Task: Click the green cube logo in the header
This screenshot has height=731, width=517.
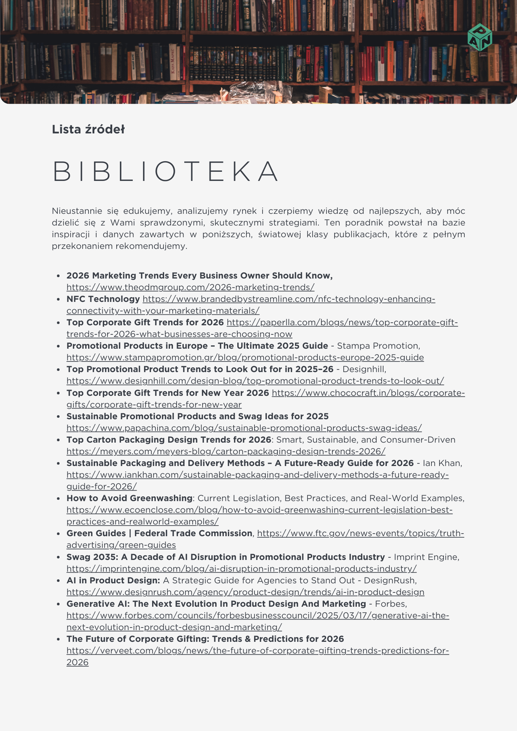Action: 479,38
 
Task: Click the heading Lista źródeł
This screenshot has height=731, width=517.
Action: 88,129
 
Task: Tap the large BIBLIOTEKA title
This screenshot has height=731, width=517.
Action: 166,171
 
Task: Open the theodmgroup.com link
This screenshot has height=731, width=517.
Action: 190,287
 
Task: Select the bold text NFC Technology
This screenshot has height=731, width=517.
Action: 103,299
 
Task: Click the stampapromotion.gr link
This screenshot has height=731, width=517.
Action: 245,357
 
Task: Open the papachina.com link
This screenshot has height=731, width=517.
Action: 244,428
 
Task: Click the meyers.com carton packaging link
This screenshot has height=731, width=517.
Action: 226,451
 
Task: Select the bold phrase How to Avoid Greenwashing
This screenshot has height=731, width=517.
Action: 129,498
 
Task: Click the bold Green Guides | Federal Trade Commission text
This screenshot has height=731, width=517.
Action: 159,533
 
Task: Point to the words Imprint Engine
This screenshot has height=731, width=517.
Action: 426,557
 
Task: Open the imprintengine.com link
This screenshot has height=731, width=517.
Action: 241,569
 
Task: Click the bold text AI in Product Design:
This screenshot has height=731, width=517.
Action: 113,580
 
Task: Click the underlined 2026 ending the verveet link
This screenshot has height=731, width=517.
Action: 78,662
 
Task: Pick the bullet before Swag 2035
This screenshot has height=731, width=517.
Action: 58,557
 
